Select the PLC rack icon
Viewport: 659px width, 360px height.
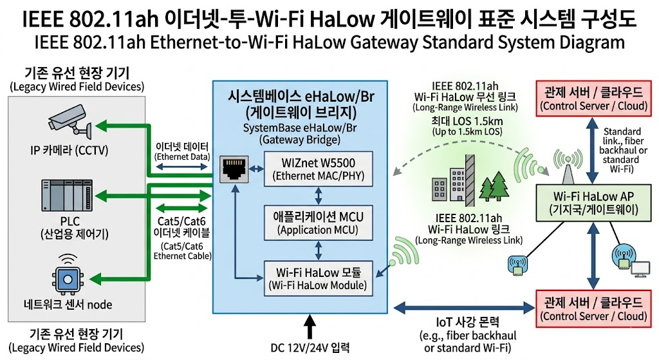coord(67,196)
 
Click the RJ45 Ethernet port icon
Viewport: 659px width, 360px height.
coord(234,169)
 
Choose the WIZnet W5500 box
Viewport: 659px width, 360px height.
coord(318,169)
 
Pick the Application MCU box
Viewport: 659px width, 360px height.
coord(318,223)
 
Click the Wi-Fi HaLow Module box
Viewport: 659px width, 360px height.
coord(318,278)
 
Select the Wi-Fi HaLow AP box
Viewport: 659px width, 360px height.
coord(593,203)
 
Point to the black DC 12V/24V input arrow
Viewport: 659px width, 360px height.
coord(310,327)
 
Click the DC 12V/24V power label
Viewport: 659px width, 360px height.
coord(310,348)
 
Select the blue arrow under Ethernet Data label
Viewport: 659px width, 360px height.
coord(182,167)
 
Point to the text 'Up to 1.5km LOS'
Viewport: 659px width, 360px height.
coord(467,131)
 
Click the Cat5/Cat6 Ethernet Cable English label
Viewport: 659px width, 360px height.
coord(182,251)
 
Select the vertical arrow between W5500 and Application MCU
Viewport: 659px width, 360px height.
coord(318,196)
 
